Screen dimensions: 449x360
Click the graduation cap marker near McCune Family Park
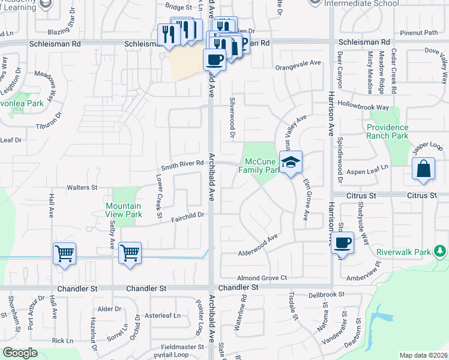tap(291, 163)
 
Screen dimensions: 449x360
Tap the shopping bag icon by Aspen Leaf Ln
tap(423, 170)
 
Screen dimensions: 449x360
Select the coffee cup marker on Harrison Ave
tap(343, 243)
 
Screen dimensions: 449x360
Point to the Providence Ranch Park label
tap(388, 131)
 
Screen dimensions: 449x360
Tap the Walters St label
tap(82, 188)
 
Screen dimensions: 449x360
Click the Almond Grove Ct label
tap(262, 278)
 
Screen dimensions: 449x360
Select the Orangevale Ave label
tap(298, 62)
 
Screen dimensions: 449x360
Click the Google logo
tap(20, 353)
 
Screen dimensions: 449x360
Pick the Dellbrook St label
tap(327, 295)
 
